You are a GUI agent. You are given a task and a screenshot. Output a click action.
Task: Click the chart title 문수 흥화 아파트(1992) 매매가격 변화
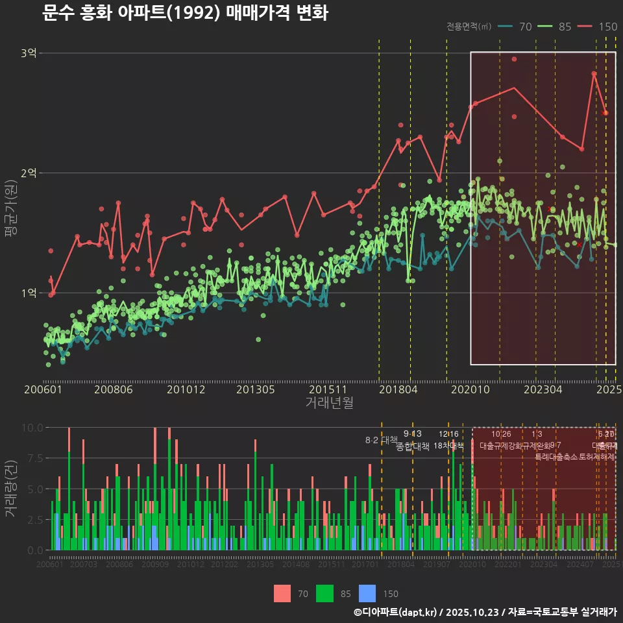[185, 13]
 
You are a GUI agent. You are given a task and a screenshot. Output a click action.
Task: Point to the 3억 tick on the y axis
[29, 53]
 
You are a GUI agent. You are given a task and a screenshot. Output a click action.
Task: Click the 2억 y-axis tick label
[29, 173]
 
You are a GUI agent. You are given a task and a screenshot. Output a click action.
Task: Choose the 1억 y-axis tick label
[29, 293]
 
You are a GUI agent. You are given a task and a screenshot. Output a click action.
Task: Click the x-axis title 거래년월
[329, 403]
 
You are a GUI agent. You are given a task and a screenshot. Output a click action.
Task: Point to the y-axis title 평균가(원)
[11, 214]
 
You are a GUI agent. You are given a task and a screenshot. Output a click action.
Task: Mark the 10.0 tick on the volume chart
[33, 428]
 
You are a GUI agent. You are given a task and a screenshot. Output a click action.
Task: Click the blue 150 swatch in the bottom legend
[367, 593]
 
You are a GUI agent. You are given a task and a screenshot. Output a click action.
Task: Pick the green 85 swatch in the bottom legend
[324, 593]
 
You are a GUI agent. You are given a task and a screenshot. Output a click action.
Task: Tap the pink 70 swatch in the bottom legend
[282, 593]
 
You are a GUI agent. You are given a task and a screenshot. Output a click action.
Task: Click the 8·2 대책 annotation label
[381, 440]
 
